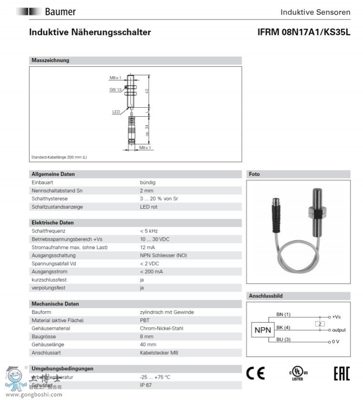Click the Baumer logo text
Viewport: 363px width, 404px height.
coord(60,12)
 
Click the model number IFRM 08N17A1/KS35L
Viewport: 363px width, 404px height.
coord(303,32)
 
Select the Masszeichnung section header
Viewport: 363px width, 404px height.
coord(51,61)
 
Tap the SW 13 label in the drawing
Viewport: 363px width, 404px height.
coord(115,89)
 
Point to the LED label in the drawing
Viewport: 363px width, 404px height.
coord(116,112)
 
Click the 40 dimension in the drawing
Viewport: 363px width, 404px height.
coord(147,91)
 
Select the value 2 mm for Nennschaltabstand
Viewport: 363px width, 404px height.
coord(147,191)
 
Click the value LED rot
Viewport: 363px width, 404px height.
coord(148,207)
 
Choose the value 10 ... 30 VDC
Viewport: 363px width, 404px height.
coord(155,239)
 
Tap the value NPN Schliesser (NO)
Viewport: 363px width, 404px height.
coord(163,255)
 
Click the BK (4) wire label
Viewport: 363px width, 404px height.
coord(283,327)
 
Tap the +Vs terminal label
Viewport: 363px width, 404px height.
coord(336,317)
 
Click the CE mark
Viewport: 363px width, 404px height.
coord(255,374)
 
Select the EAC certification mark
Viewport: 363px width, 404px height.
coord(341,374)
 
